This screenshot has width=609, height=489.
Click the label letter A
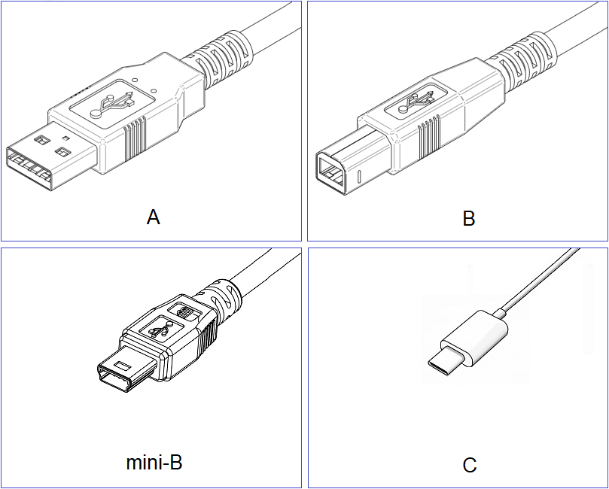[154, 217]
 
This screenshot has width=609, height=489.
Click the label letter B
[469, 219]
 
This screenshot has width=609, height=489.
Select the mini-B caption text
[154, 462]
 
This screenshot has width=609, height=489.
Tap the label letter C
[470, 466]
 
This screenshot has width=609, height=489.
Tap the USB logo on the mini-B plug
[161, 328]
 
